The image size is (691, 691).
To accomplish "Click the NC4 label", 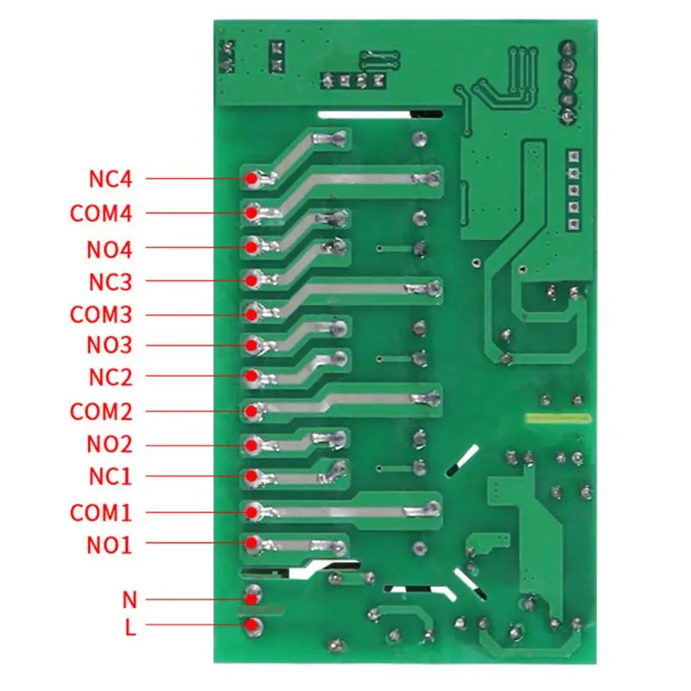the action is click(x=110, y=180).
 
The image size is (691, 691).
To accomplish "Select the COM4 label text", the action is click(x=102, y=213).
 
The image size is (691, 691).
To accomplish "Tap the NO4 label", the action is click(x=109, y=250).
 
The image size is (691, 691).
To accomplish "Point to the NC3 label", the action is click(x=110, y=282).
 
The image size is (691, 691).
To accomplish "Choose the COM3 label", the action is click(x=102, y=314).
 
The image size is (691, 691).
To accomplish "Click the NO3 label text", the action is click(x=109, y=345).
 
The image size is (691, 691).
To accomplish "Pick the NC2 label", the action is click(x=110, y=377).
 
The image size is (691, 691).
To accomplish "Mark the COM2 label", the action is click(x=102, y=411).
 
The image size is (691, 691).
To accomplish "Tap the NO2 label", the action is click(x=109, y=445).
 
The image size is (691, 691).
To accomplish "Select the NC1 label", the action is click(x=110, y=476).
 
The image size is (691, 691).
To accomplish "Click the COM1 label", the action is click(x=101, y=513).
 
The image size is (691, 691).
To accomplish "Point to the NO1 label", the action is click(x=109, y=545).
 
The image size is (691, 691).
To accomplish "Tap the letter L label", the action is click(x=130, y=628).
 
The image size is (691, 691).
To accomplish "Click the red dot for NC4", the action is click(x=250, y=179).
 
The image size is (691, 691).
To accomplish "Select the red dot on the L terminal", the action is click(x=251, y=627).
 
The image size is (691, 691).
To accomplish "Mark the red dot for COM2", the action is click(x=251, y=411).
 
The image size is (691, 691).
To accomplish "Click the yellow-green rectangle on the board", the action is click(x=557, y=419).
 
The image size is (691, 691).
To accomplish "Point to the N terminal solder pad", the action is click(x=252, y=596).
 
